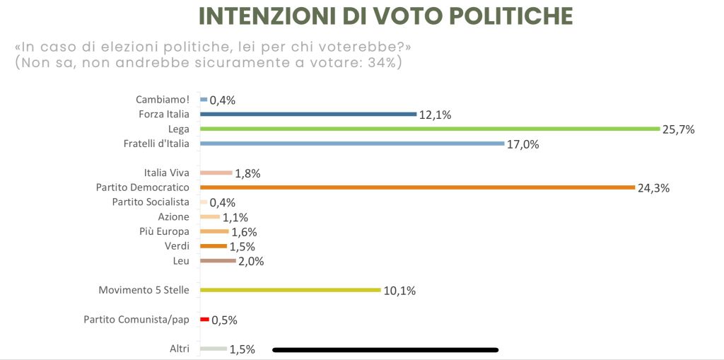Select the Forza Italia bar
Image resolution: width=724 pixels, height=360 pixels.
pyautogui.click(x=308, y=114)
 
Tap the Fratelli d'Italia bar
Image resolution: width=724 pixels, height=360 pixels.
pyautogui.click(x=352, y=144)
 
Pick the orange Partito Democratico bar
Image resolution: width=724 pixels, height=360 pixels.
pyautogui.click(x=417, y=187)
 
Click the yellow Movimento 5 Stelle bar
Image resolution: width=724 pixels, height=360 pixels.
pyautogui.click(x=291, y=290)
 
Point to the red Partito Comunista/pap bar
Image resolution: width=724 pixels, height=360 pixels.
pyautogui.click(x=204, y=320)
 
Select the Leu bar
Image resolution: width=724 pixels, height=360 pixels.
pyautogui.click(x=218, y=261)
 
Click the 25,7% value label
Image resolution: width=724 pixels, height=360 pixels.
pyautogui.click(x=679, y=129)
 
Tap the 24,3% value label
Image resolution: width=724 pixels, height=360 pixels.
pyautogui.click(x=653, y=188)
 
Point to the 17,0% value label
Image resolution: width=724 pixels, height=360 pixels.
pyautogui.click(x=523, y=144)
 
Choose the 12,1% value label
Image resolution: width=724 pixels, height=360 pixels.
pyautogui.click(x=435, y=115)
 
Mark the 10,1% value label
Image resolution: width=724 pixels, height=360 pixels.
pyautogui.click(x=399, y=291)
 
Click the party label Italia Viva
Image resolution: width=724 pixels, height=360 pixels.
pyautogui.click(x=166, y=173)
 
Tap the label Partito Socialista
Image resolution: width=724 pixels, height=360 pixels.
pyautogui.click(x=151, y=202)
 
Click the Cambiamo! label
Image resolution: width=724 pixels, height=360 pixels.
pyautogui.click(x=162, y=100)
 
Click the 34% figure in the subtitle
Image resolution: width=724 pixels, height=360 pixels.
pyautogui.click(x=386, y=63)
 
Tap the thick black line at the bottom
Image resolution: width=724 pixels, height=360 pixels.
pyautogui.click(x=385, y=349)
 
